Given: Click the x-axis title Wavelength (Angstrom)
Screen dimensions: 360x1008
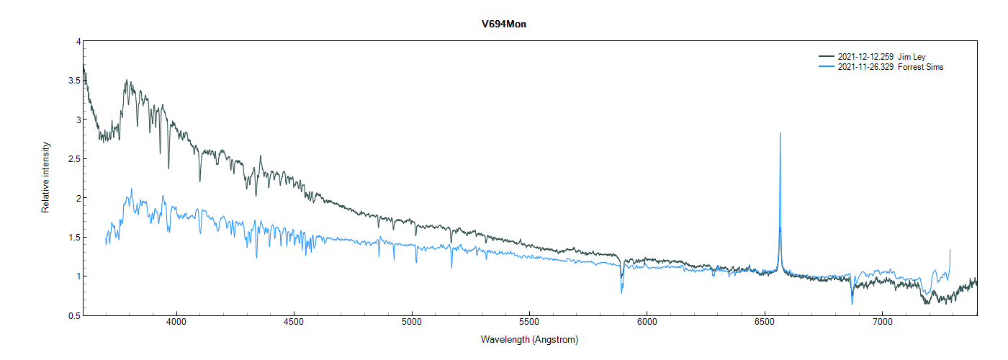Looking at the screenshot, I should tap(529, 339).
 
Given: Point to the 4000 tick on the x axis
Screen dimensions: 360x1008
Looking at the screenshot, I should tap(176, 324).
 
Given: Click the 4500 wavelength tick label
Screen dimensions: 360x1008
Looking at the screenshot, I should tap(294, 324).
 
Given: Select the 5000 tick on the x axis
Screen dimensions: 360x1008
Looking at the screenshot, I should tap(412, 324).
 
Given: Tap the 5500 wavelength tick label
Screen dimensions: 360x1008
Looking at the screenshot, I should tap(529, 324).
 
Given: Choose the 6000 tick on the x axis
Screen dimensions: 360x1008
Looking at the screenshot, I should tap(647, 324).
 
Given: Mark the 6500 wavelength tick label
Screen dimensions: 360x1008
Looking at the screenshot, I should tap(765, 324).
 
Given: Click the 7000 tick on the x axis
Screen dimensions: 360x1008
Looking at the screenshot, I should tap(882, 324).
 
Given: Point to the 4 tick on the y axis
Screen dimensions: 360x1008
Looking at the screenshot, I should tap(78, 42).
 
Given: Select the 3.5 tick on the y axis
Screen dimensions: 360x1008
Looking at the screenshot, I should tap(74, 81).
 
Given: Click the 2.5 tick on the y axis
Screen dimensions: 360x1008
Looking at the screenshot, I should tap(74, 159).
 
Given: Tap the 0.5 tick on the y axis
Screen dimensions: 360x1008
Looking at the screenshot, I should tap(74, 315).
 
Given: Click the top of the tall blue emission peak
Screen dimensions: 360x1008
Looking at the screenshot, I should tap(780, 133).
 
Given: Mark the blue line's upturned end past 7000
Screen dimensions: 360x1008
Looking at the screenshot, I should tap(950, 250).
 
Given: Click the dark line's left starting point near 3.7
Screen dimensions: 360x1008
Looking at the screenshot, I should tap(84, 66).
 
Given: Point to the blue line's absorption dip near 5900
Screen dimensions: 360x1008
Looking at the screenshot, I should tap(621, 292).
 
